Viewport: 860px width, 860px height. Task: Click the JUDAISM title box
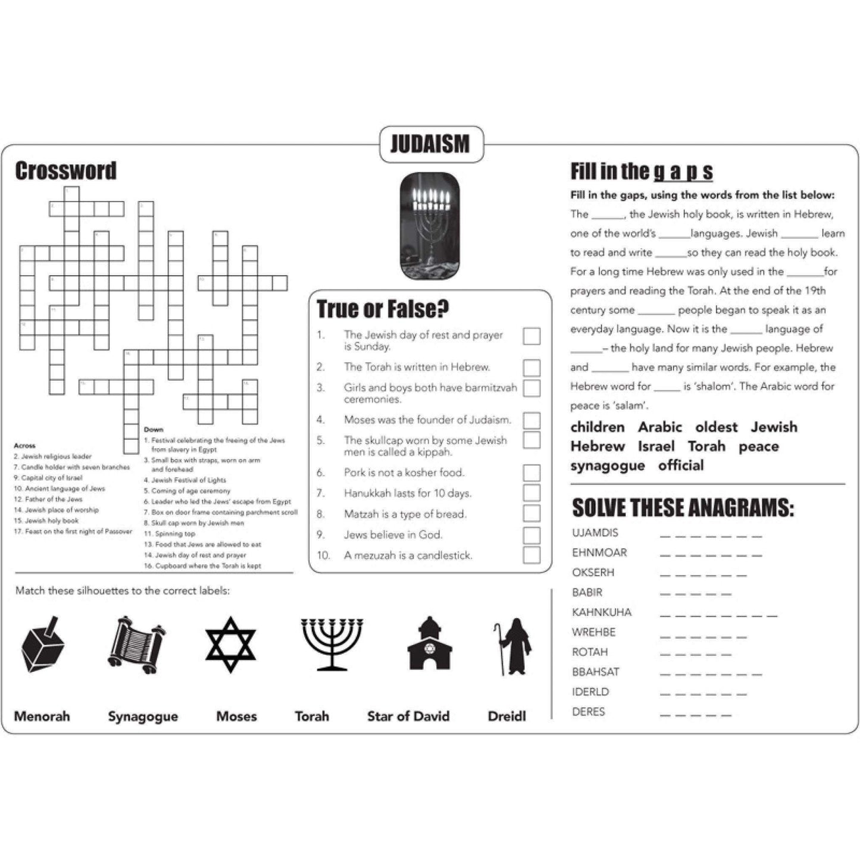[x=431, y=144]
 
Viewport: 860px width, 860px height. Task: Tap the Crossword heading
[x=65, y=171]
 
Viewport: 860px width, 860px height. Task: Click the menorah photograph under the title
[x=430, y=226]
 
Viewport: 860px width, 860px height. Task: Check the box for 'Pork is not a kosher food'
[x=531, y=473]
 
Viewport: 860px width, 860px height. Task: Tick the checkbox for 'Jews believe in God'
[x=531, y=534]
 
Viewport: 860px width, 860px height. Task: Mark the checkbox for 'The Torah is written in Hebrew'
[x=531, y=367]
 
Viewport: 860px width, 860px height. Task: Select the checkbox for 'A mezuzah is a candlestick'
[x=531, y=555]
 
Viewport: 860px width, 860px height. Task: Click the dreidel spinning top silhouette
[x=42, y=644]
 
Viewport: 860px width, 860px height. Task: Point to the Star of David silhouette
[x=230, y=645]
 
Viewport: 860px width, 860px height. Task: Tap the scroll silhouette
[x=136, y=645]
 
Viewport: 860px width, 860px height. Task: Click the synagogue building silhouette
[x=429, y=645]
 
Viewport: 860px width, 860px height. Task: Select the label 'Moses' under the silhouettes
[x=236, y=716]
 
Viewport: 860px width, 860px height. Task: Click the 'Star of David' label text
[x=408, y=716]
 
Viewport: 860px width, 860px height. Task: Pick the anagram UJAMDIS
[x=595, y=533]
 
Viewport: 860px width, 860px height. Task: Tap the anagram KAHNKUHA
[x=601, y=612]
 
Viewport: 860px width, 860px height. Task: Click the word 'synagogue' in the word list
[x=607, y=465]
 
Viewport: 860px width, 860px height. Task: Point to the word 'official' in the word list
[x=681, y=465]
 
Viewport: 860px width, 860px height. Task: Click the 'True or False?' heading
[x=383, y=309]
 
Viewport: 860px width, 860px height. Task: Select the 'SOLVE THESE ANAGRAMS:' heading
[x=683, y=508]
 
